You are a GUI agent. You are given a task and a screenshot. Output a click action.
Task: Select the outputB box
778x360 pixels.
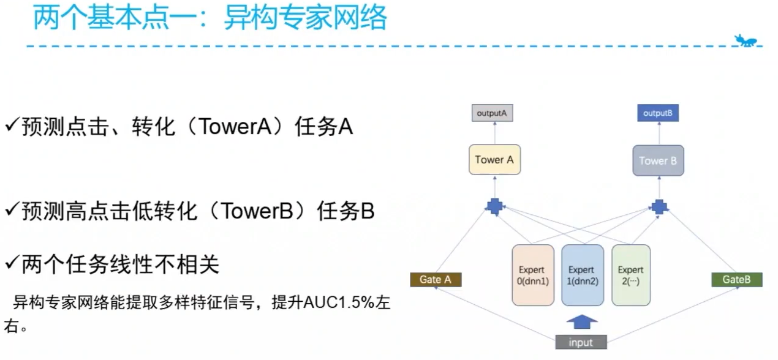pyautogui.click(x=658, y=113)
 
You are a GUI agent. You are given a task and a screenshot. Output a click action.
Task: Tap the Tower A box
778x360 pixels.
pyautogui.click(x=494, y=160)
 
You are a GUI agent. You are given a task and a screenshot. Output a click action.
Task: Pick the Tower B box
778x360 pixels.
pyautogui.click(x=658, y=161)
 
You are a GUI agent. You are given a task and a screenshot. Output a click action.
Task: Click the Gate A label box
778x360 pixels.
pyautogui.click(x=436, y=280)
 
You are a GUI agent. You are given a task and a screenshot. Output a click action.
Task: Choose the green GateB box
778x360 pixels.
pyautogui.click(x=736, y=280)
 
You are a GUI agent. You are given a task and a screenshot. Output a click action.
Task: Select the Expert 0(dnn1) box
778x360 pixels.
pyautogui.click(x=532, y=275)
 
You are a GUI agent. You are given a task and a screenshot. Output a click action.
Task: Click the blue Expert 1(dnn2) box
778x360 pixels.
pyautogui.click(x=581, y=275)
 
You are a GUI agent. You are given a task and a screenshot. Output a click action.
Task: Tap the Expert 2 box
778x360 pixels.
pyautogui.click(x=630, y=275)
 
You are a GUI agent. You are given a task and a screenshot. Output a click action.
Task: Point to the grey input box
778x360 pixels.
pyautogui.click(x=581, y=342)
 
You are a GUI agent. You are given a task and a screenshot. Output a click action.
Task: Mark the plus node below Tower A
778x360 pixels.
pyautogui.click(x=494, y=206)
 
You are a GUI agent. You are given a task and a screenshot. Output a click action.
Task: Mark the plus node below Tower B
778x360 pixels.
pyautogui.click(x=659, y=206)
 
